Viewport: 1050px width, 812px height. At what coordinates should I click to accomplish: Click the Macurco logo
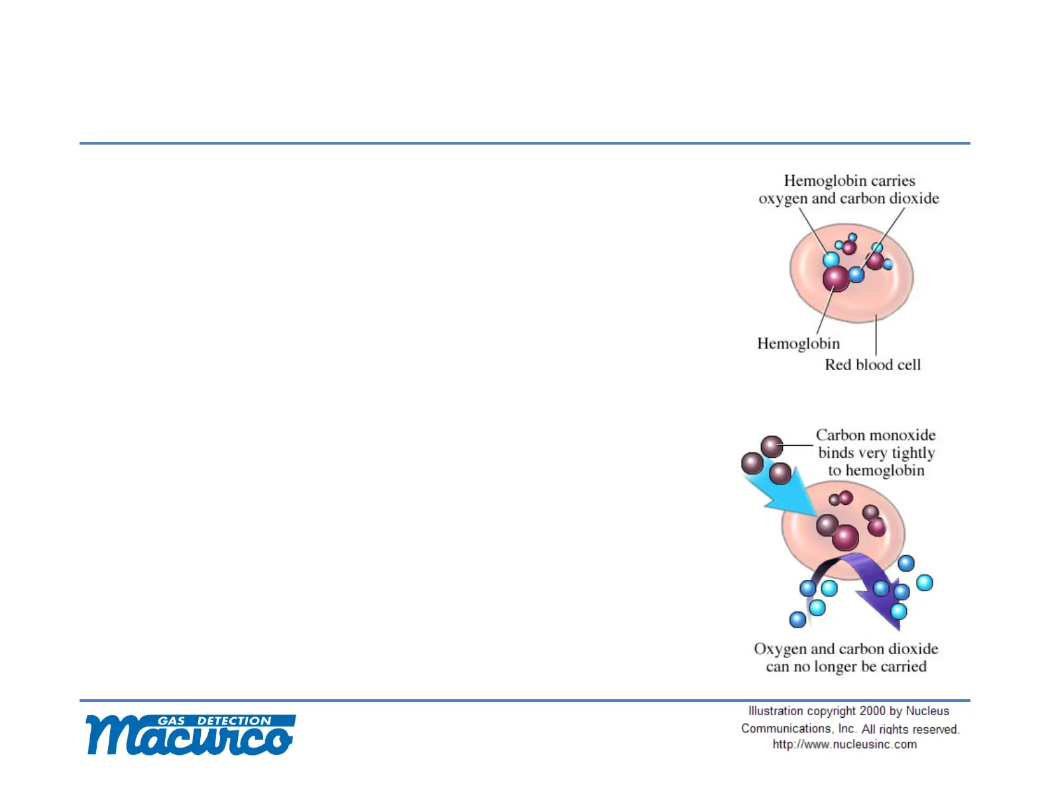(191, 734)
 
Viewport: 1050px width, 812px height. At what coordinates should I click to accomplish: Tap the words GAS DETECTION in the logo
(215, 720)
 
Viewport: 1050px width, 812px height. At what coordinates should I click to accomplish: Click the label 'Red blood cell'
(872, 365)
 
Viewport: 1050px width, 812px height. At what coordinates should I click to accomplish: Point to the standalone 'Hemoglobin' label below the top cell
(798, 344)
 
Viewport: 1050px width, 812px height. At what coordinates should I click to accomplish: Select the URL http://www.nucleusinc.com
(845, 744)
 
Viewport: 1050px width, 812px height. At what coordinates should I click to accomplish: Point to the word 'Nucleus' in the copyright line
(927, 711)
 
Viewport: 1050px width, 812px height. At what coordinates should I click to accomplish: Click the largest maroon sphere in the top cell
(836, 278)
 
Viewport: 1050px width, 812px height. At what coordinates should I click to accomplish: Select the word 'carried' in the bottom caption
(904, 667)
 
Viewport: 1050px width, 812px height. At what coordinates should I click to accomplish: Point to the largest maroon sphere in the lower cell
(845, 538)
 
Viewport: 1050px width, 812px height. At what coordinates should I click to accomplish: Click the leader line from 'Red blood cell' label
(876, 335)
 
